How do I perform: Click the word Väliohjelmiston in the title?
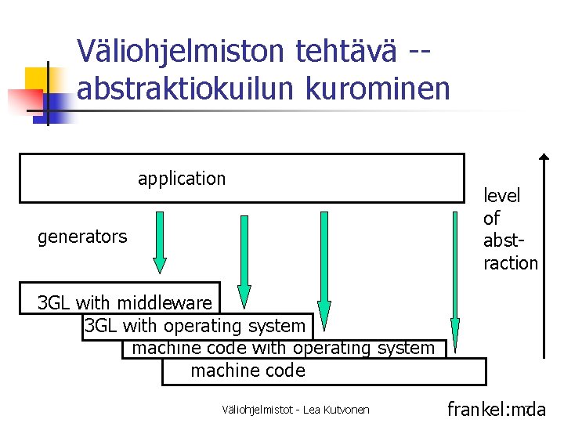(182, 52)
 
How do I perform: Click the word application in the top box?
(182, 179)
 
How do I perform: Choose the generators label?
(82, 237)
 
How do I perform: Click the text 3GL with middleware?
(125, 303)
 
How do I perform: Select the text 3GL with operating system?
(195, 326)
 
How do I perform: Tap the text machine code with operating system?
(283, 347)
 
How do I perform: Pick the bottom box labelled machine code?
(248, 371)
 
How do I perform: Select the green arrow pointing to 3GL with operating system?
(244, 258)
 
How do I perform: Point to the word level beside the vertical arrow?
(501, 196)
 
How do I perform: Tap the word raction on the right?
(511, 263)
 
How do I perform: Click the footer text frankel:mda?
(496, 409)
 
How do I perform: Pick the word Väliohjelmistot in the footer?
(255, 410)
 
